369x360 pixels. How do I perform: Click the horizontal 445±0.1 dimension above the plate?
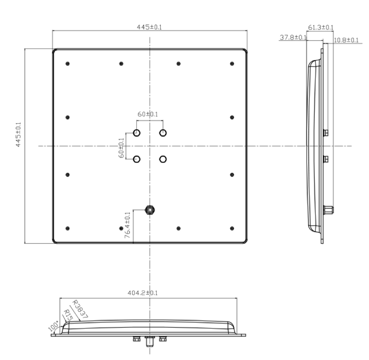pyautogui.click(x=149, y=27)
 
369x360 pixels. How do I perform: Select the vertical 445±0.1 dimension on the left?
pyautogui.click(x=18, y=135)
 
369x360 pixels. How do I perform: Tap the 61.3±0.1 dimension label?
pyautogui.click(x=321, y=27)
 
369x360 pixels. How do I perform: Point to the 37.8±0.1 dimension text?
pyautogui.click(x=293, y=38)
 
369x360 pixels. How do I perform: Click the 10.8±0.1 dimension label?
pyautogui.click(x=346, y=40)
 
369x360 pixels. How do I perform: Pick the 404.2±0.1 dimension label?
pyautogui.click(x=143, y=293)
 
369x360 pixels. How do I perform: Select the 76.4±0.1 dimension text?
pyautogui.click(x=127, y=225)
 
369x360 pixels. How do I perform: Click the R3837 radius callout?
pyautogui.click(x=80, y=309)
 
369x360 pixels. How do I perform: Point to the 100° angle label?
pyautogui.click(x=54, y=326)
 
